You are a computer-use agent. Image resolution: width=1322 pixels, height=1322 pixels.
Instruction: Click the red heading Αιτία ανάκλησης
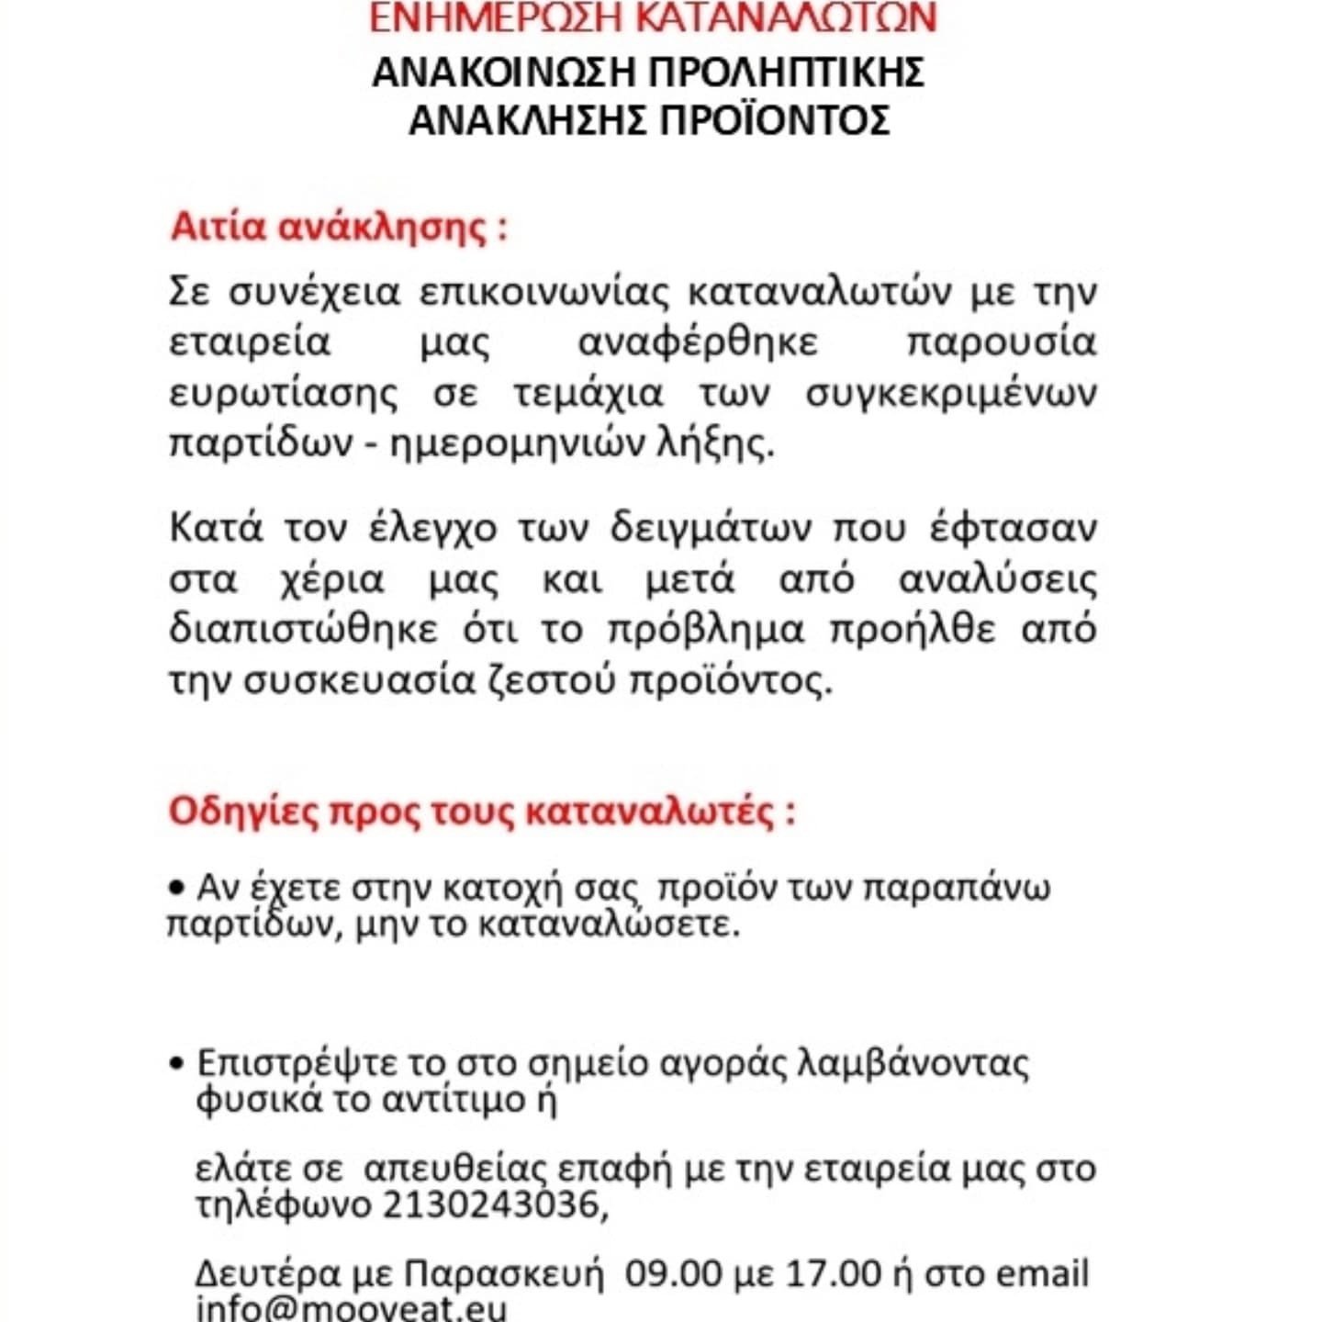[x=338, y=227]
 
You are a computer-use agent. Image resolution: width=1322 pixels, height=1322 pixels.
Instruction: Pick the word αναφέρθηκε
[x=698, y=342]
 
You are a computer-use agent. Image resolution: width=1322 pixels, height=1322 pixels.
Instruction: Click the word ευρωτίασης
[x=285, y=393]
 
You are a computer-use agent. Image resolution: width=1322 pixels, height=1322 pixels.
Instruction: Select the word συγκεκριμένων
[x=951, y=393]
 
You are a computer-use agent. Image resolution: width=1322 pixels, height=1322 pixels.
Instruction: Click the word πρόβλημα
[x=705, y=630]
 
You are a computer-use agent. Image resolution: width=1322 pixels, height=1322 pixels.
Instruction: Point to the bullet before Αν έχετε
[x=176, y=888]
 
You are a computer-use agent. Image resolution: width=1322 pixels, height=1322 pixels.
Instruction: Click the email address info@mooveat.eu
[x=351, y=1307]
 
